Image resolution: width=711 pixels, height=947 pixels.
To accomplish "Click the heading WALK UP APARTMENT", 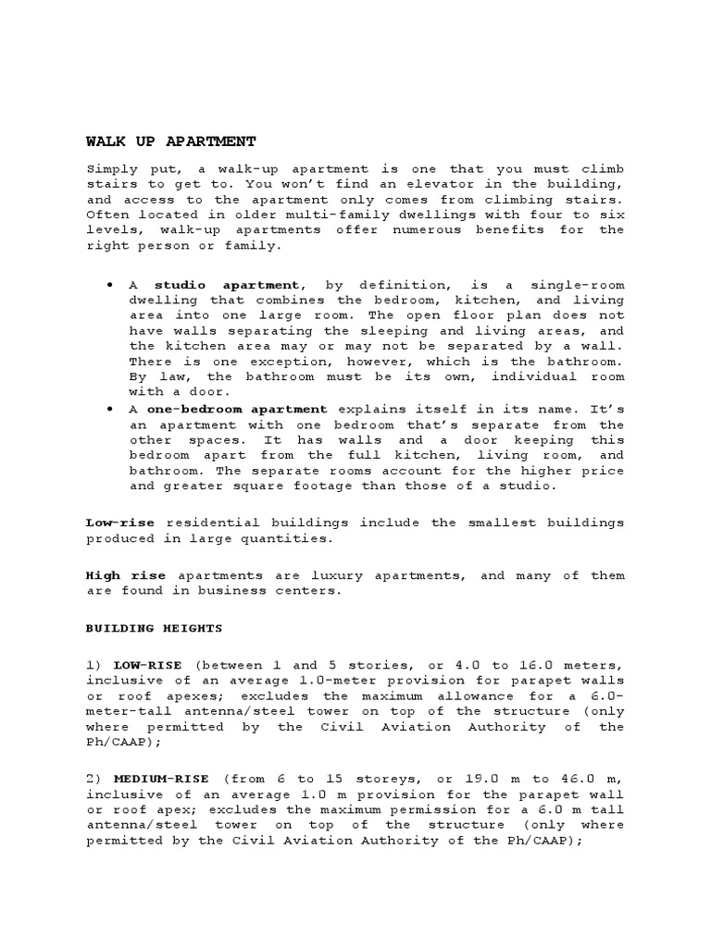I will [170, 141].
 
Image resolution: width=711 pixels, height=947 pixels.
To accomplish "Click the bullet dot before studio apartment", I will [110, 286].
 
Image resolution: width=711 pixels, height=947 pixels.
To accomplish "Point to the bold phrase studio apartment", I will [227, 286].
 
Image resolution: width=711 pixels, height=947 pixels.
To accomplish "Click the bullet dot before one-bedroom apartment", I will [110, 408].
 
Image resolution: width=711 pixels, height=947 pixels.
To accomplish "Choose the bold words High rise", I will [126, 575].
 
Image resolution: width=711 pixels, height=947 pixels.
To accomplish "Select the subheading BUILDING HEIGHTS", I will [155, 628].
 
